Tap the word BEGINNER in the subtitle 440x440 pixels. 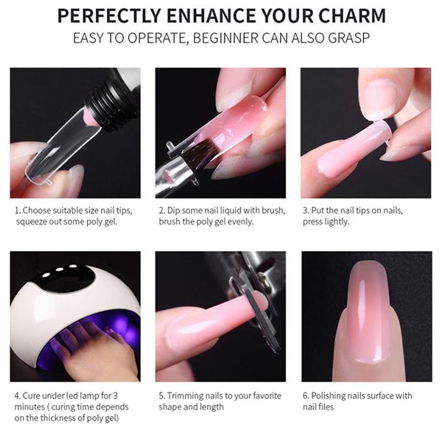coord(226,38)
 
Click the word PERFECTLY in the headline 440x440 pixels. coord(109,16)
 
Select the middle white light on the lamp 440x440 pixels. coord(59,269)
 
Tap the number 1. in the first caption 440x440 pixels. coord(18,211)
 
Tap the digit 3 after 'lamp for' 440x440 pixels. coord(116,396)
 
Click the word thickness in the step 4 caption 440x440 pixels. coord(59,418)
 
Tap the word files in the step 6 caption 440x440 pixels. coord(327,407)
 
